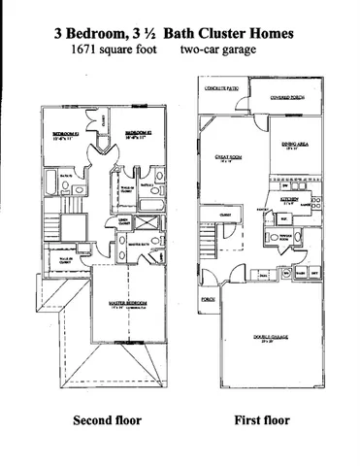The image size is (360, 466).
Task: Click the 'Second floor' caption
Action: [x=108, y=421]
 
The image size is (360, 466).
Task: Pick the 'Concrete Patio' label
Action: [x=222, y=88]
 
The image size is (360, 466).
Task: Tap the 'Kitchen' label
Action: [x=290, y=198]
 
